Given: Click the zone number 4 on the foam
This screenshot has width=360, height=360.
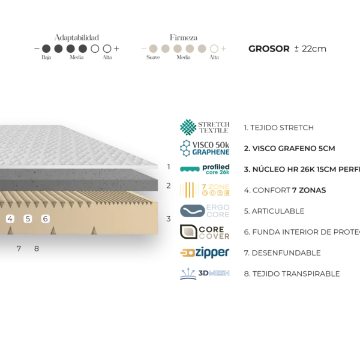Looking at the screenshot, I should tap(10, 219).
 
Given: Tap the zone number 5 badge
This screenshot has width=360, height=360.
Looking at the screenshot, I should tap(28, 219).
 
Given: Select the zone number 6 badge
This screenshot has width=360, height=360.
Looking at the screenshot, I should tap(45, 219).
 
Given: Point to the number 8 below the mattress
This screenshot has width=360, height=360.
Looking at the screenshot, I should tap(37, 248).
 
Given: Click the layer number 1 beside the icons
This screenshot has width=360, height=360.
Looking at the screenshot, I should tap(170, 167).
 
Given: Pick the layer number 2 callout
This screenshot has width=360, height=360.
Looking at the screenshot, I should tap(169, 186).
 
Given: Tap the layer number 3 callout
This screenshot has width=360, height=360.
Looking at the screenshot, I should tap(169, 219).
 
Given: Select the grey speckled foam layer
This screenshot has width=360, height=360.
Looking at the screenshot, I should tap(78, 179).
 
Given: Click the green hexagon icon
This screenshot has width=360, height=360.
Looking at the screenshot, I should tap(188, 127).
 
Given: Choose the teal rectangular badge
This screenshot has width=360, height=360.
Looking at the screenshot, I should tap(190, 169).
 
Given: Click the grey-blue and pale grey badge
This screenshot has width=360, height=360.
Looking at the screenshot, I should tap(204, 211).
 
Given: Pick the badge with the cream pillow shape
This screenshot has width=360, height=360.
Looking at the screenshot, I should tap(189, 231).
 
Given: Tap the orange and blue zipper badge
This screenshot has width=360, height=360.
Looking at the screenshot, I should tap(204, 253).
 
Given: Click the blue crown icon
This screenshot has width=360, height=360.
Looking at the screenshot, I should tap(188, 274).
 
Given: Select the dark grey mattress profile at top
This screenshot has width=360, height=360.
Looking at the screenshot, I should tap(77, 48).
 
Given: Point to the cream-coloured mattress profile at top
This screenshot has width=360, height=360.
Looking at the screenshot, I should tap(184, 48).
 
